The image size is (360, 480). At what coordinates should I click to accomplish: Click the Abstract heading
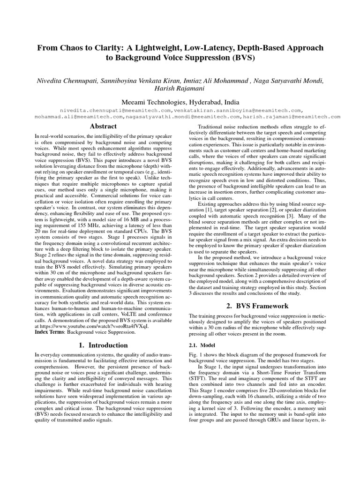coord(103,126)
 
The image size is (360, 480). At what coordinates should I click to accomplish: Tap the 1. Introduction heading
coord(103,345)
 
